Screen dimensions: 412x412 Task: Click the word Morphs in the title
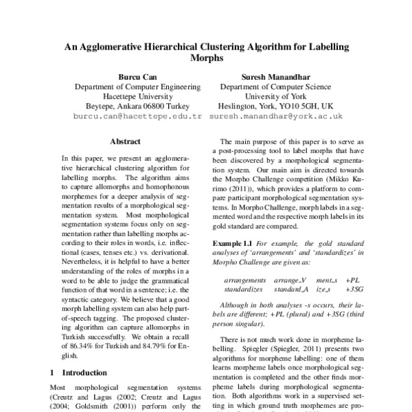pos(206,59)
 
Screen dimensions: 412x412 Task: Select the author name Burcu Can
pos(137,78)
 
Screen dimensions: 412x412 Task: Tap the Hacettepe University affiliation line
pos(137,97)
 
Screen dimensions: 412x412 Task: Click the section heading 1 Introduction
pos(79,372)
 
